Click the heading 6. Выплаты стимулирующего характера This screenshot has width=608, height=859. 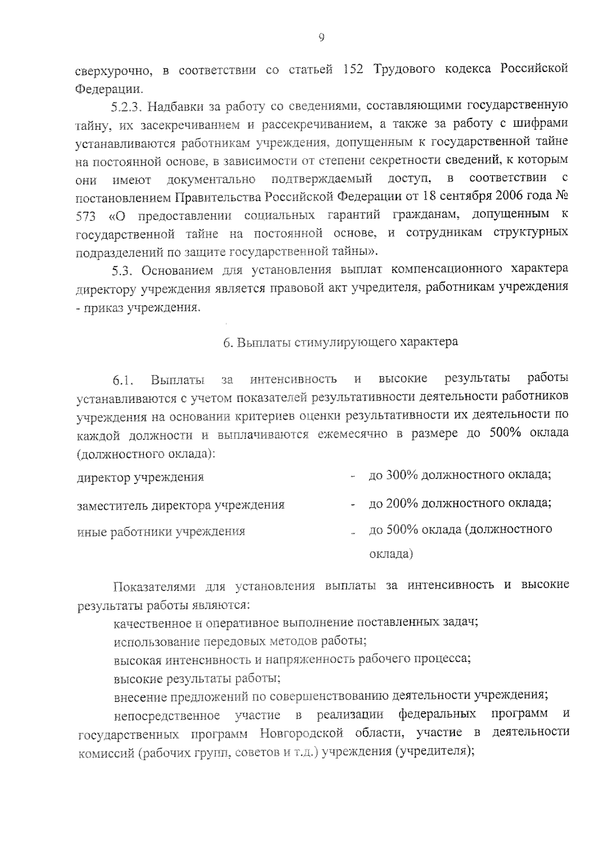pos(340,342)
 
